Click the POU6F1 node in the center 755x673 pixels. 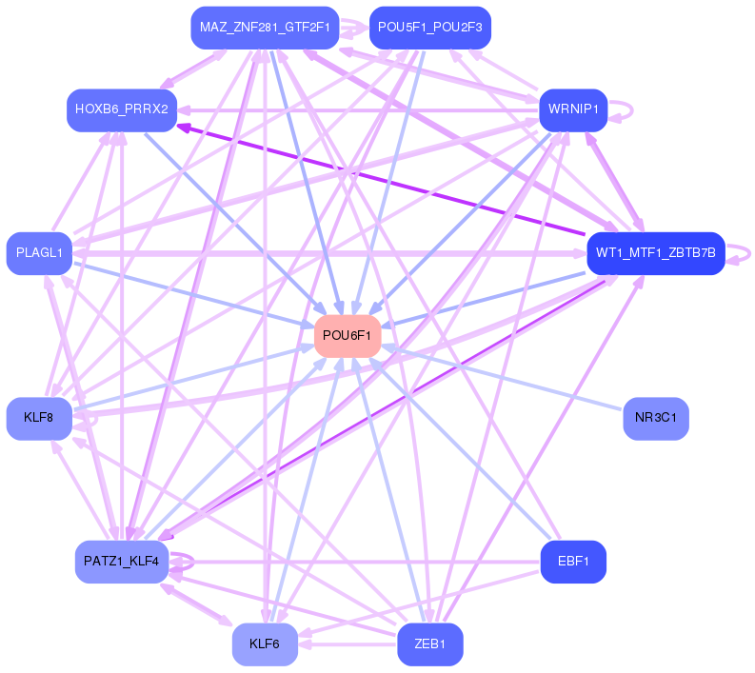point(348,335)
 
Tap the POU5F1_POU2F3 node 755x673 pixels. point(429,28)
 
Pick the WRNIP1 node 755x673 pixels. point(573,109)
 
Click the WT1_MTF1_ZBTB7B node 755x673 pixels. point(656,252)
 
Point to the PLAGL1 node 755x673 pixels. point(39,252)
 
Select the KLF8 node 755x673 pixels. point(39,418)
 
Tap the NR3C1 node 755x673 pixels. point(655,418)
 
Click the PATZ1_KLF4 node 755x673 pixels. point(121,561)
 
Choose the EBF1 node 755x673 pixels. point(573,561)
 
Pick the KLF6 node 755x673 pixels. point(265,644)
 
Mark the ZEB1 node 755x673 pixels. point(429,644)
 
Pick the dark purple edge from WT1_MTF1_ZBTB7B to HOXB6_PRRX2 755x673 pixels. point(381,180)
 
